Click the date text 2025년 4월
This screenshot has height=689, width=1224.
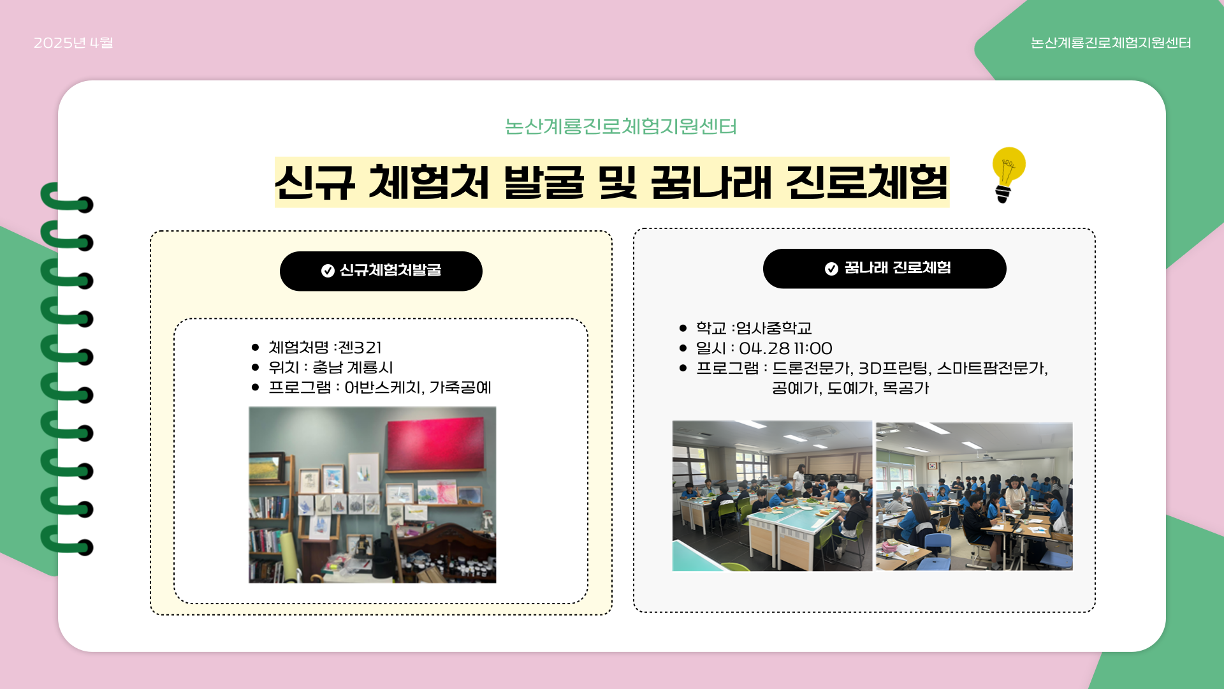click(73, 43)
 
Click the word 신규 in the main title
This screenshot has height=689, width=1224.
click(314, 183)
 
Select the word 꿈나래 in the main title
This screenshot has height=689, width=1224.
click(711, 183)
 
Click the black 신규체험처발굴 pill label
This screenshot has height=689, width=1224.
click(381, 271)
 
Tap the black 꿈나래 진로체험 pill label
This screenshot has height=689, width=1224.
click(884, 269)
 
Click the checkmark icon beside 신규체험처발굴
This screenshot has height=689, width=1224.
click(328, 271)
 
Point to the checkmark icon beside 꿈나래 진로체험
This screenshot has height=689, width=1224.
click(831, 269)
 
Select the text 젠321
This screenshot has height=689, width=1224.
click(360, 348)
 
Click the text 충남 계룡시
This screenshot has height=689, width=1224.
click(353, 367)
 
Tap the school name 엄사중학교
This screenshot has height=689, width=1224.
click(774, 328)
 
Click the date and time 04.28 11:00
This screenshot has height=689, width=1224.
click(785, 348)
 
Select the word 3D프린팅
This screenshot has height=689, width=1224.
click(893, 368)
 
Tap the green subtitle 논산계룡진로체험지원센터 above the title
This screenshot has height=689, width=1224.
click(620, 126)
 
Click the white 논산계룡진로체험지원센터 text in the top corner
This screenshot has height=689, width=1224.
click(1111, 43)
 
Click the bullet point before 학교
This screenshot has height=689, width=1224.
click(683, 328)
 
